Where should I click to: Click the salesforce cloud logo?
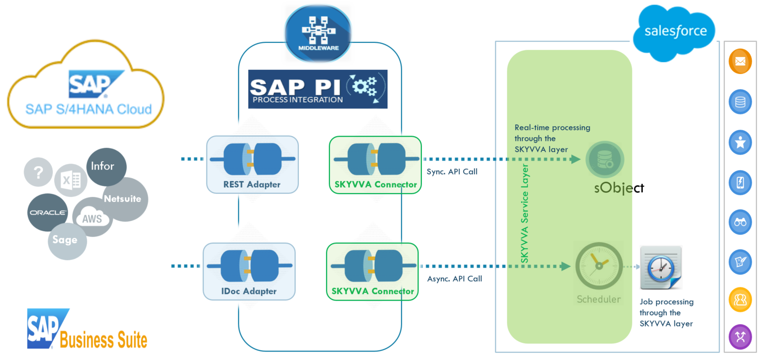click(674, 32)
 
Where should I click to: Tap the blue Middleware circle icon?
click(318, 33)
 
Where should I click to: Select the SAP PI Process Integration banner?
click(318, 89)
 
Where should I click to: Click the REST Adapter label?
click(252, 185)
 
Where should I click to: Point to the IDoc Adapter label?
click(249, 291)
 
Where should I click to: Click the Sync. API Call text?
click(452, 172)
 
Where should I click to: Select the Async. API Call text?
click(454, 279)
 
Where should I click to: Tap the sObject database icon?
click(605, 159)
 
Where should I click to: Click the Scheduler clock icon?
click(599, 266)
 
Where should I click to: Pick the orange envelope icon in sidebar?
click(740, 61)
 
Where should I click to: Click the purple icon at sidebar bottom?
click(740, 336)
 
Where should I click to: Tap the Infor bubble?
click(104, 166)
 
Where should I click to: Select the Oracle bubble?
click(47, 213)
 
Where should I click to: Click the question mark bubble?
click(39, 172)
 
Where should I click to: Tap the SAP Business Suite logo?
click(87, 330)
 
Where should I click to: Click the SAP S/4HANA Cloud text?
click(89, 109)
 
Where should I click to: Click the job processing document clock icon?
click(660, 268)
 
